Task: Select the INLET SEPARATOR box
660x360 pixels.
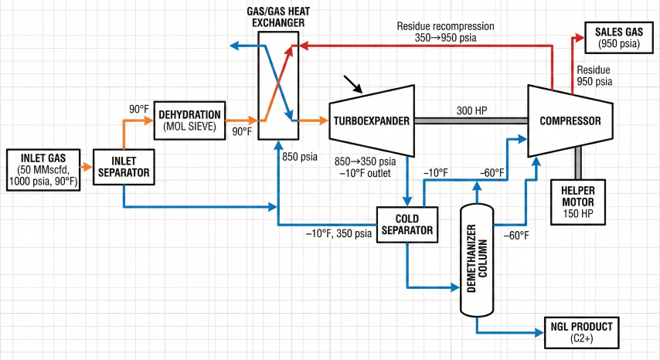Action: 124,167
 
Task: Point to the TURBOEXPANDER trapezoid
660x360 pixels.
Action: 370,120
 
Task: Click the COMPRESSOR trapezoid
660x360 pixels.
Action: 569,120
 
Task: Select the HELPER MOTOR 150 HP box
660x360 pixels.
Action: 579,202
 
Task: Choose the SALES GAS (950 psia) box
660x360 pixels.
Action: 619,37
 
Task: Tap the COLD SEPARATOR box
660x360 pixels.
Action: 407,224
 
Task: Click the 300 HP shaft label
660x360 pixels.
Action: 471,110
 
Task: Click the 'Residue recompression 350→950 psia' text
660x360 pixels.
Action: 445,31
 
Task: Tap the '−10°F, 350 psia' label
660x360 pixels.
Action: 339,233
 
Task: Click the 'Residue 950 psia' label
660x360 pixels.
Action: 595,75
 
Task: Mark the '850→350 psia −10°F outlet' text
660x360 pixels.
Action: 364,167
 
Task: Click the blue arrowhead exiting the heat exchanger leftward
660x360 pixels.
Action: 235,46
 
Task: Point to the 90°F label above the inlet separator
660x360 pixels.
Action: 140,110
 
